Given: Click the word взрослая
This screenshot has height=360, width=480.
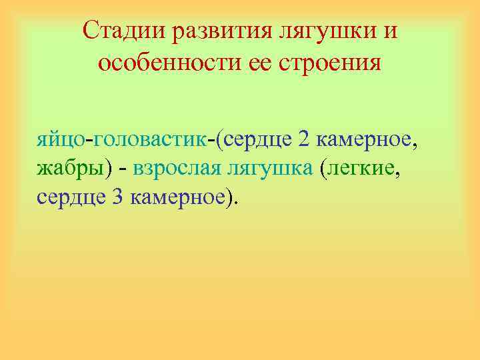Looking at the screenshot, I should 177,169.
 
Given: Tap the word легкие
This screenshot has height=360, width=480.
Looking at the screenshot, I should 363,169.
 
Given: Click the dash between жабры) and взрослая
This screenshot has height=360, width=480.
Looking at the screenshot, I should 123,169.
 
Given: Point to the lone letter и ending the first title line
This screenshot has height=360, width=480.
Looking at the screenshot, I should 391,31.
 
